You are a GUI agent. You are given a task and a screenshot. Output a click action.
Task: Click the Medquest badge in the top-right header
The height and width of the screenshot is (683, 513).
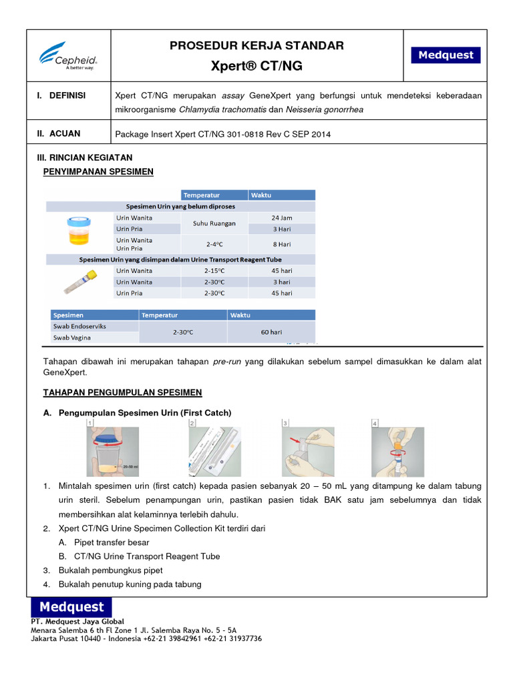[x=446, y=55]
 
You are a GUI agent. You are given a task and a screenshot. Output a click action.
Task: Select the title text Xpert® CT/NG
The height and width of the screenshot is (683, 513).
[x=257, y=67]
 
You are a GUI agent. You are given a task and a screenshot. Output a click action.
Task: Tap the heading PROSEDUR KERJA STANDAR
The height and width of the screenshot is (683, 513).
[x=257, y=45]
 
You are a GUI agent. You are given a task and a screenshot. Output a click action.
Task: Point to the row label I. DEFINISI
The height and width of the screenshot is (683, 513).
[x=61, y=95]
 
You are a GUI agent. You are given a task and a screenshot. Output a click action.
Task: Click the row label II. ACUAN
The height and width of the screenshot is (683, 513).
[x=59, y=133]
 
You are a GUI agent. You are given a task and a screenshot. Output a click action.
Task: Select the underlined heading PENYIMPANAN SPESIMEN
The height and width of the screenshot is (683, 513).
[x=98, y=171]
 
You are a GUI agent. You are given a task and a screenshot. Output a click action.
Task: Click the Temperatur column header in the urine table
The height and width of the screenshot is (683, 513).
[x=202, y=195]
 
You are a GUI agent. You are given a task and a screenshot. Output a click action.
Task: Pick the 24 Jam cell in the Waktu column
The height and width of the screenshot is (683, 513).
[x=281, y=217]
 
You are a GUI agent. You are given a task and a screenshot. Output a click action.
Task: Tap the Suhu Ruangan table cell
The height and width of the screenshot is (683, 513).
[x=214, y=223]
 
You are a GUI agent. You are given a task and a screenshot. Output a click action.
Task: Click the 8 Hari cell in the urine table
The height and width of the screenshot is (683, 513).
[x=281, y=245]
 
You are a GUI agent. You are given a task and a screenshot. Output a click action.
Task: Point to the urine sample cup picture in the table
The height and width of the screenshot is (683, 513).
[x=77, y=230]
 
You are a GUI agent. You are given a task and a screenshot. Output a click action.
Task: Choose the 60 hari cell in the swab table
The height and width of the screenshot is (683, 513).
[x=271, y=331]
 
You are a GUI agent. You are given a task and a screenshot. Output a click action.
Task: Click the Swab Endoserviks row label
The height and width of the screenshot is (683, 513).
[x=79, y=326]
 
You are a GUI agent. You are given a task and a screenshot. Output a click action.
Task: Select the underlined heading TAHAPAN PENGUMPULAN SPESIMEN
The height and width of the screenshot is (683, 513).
[x=122, y=392]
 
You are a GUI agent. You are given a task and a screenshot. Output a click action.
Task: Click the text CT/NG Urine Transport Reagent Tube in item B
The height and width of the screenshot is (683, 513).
[x=147, y=556]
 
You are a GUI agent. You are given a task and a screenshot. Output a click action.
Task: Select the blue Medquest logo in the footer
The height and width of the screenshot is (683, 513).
[x=71, y=607]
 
